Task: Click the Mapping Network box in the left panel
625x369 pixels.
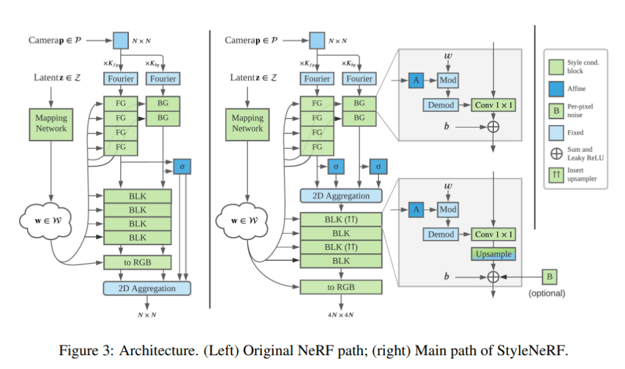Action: pyautogui.click(x=51, y=123)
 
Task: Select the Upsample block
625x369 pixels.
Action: pyautogui.click(x=493, y=254)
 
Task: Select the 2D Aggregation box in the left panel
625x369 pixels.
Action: pyautogui.click(x=147, y=288)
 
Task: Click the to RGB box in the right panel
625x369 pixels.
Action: pyautogui.click(x=340, y=287)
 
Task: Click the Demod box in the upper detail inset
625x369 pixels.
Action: pyautogui.click(x=440, y=105)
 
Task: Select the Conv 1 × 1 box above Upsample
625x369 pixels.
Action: pyautogui.click(x=493, y=234)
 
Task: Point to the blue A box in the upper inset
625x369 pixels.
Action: pyautogui.click(x=416, y=80)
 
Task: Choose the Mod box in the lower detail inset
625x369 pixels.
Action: pyautogui.click(x=448, y=209)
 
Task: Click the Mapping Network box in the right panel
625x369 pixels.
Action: pyautogui.click(x=247, y=123)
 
